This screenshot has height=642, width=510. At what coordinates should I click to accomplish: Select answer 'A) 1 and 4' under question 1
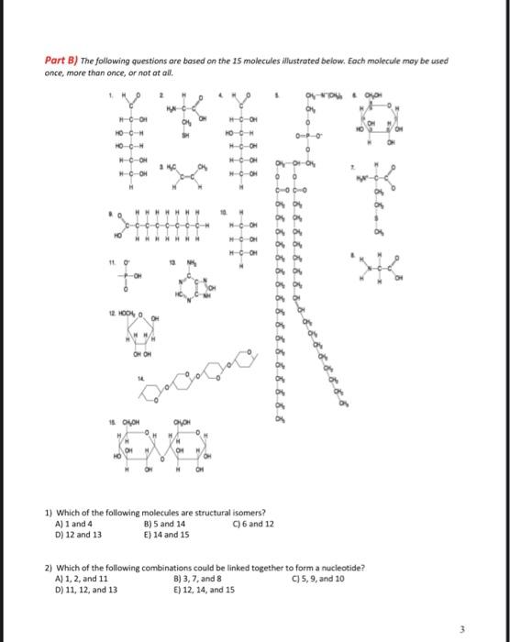point(76,524)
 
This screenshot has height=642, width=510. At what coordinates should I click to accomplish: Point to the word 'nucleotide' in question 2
point(343,569)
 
